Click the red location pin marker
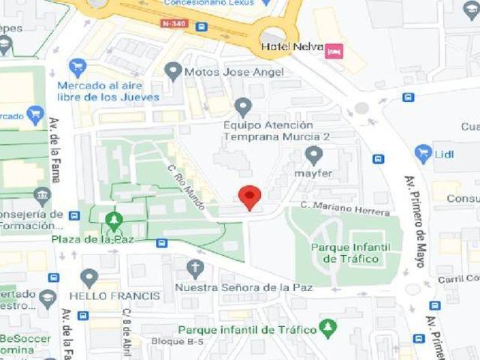(x=249, y=196)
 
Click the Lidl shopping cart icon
(x=423, y=154)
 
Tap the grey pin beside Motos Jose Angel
(x=174, y=71)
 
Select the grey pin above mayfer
(x=313, y=155)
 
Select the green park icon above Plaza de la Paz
(x=114, y=220)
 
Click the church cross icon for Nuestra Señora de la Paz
(x=195, y=268)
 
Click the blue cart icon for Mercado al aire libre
(x=77, y=67)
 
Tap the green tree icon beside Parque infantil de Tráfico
(x=328, y=328)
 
